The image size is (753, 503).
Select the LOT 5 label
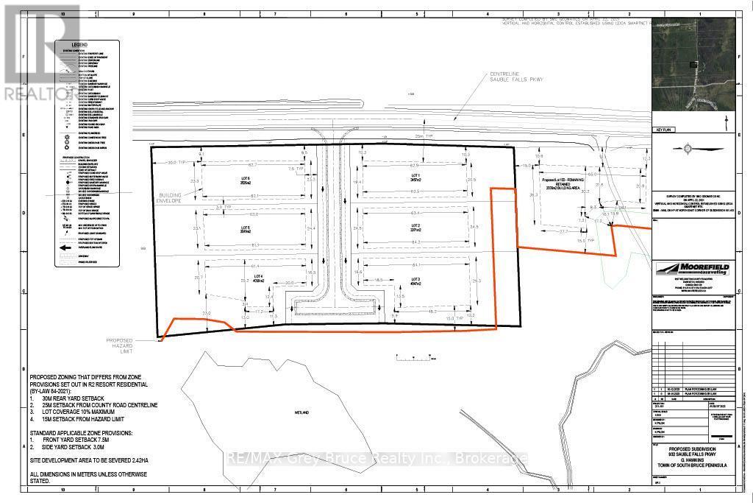[x=246, y=229]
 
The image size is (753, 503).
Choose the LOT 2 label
[x=415, y=227]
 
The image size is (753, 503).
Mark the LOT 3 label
[x=415, y=281]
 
